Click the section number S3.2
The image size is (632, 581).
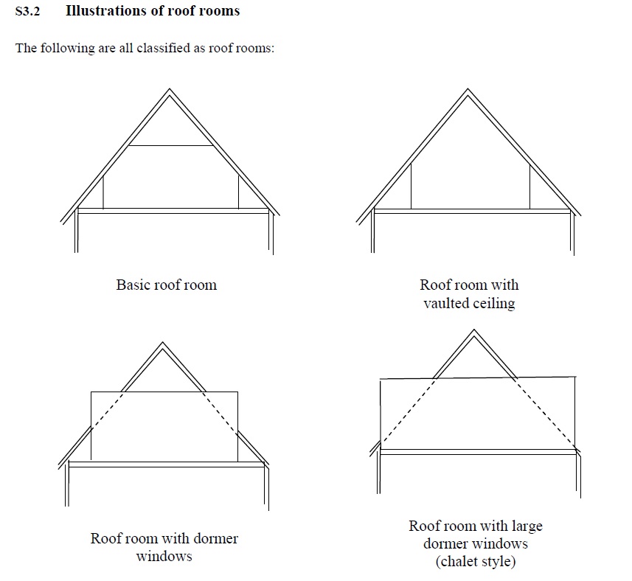click(x=27, y=12)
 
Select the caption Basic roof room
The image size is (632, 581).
click(x=166, y=285)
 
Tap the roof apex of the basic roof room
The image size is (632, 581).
click(x=170, y=91)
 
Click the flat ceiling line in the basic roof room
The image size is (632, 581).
click(x=171, y=146)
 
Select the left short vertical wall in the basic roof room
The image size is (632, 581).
click(x=103, y=192)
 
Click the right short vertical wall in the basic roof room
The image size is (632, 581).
click(x=238, y=192)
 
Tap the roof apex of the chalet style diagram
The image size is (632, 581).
click(x=473, y=331)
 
